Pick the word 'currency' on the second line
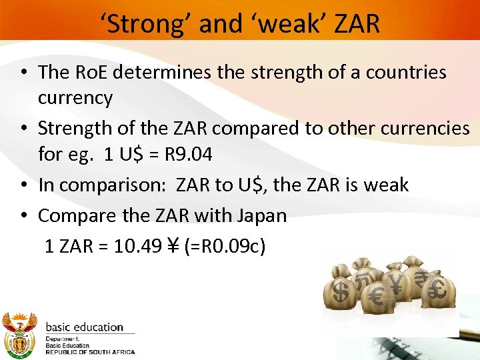click(75, 98)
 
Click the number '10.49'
click(138, 247)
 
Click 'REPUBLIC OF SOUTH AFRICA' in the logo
click(90, 352)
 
